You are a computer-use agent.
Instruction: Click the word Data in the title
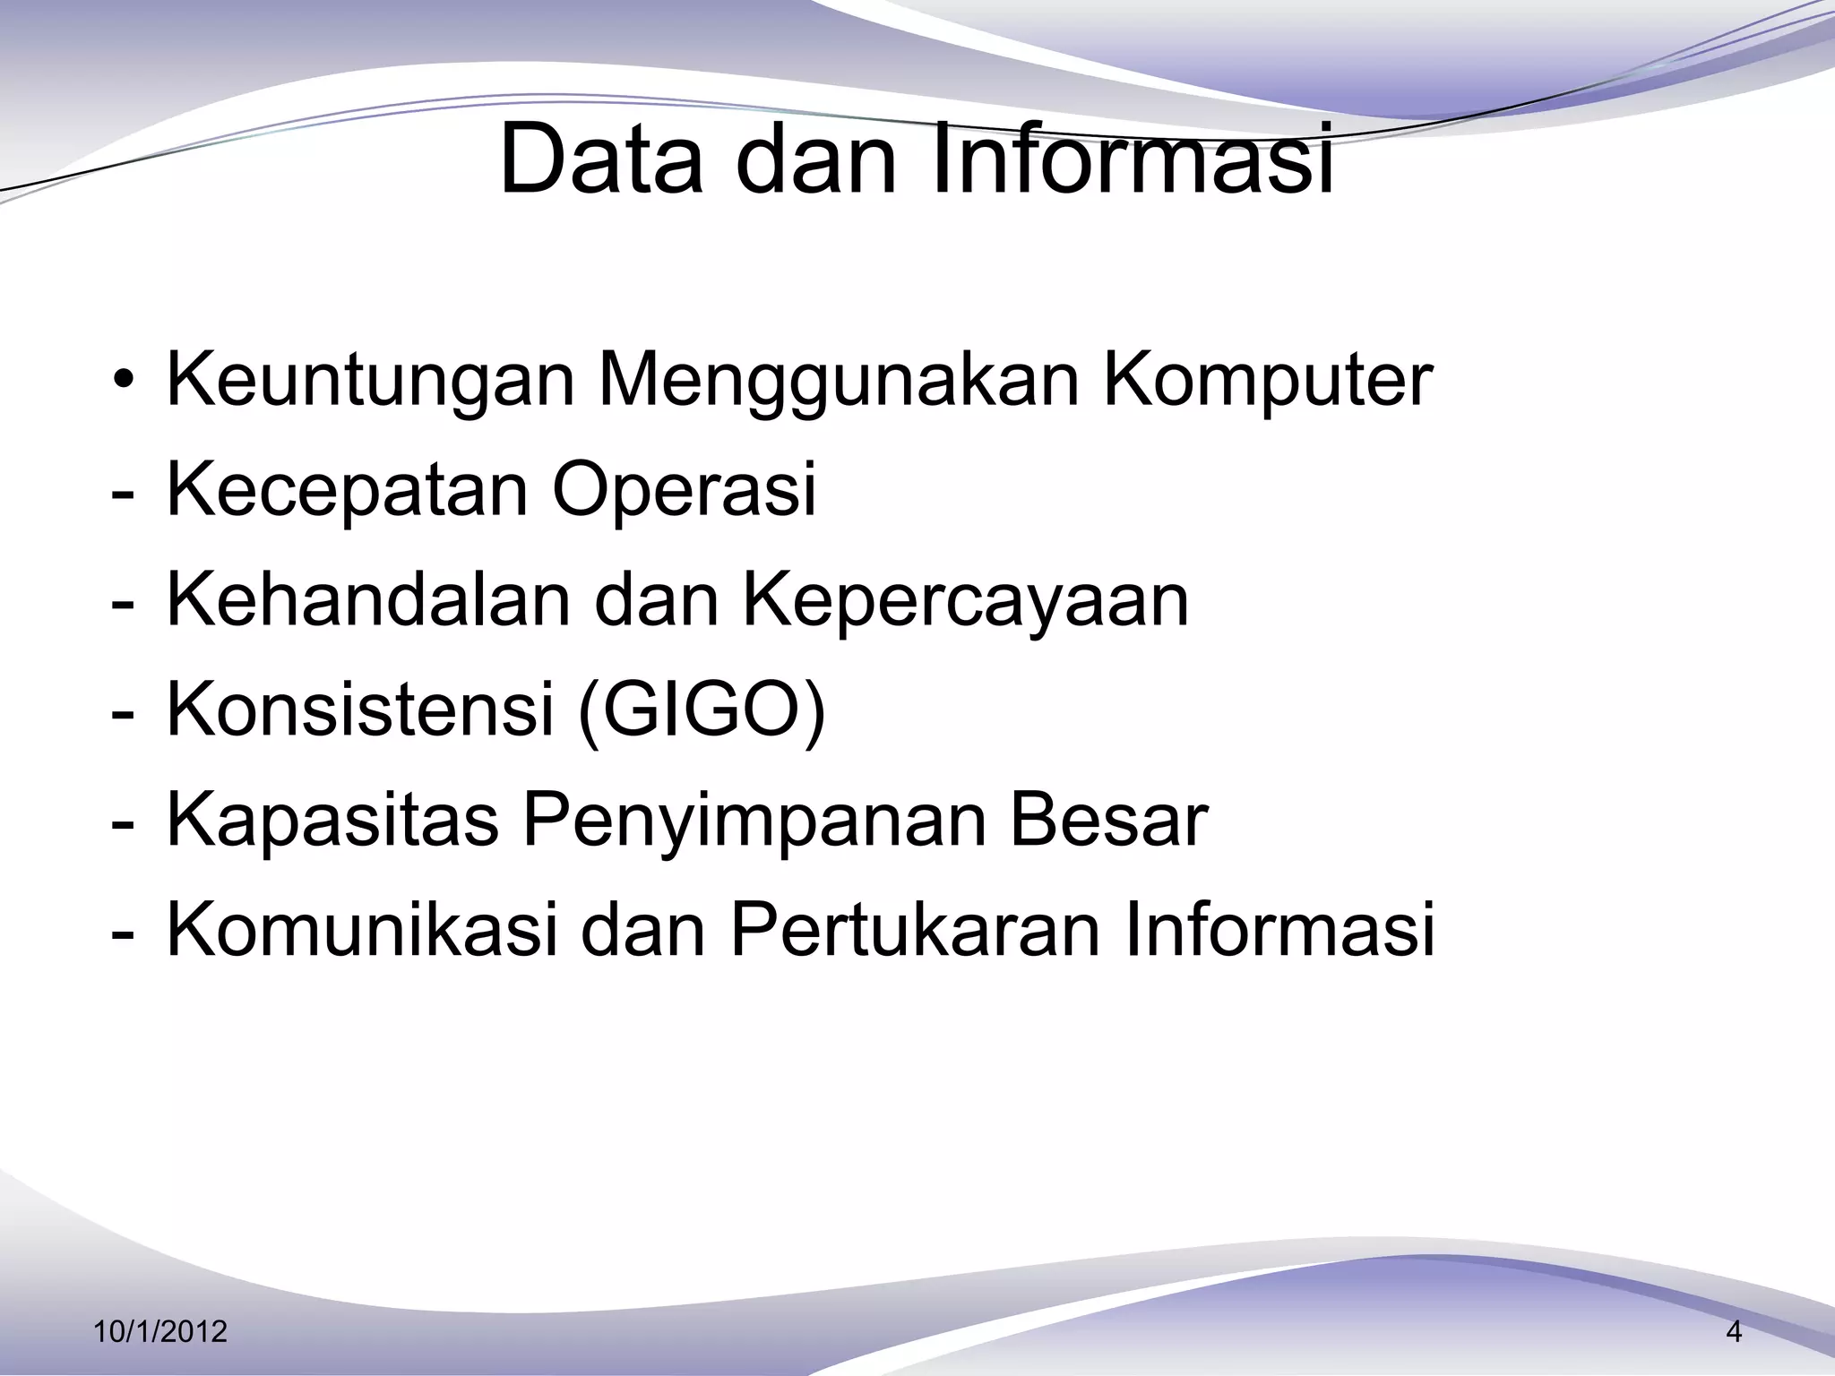click(x=601, y=162)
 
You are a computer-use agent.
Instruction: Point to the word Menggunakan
click(x=838, y=381)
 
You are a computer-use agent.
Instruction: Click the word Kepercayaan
click(x=965, y=601)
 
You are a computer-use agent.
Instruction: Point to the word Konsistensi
click(x=359, y=709)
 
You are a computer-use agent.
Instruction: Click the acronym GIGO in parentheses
click(x=702, y=709)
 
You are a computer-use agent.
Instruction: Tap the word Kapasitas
click(x=332, y=820)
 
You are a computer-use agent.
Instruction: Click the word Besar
click(x=1108, y=820)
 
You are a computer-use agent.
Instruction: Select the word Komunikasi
click(x=363, y=930)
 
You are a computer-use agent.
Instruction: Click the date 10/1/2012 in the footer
click(x=160, y=1332)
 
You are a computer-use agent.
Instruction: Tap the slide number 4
click(x=1734, y=1332)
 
